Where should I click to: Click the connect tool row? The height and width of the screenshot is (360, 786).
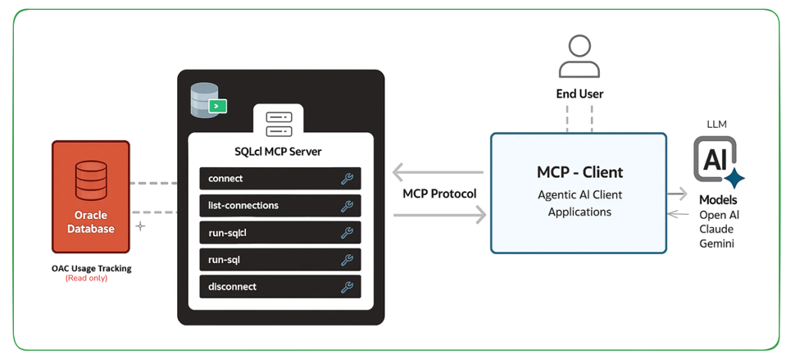[279, 179]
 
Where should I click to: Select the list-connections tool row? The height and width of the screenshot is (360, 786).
[279, 206]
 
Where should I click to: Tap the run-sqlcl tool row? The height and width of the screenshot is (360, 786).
[279, 233]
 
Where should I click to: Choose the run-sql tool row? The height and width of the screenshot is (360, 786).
[279, 260]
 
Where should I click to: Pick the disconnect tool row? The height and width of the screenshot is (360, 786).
[279, 287]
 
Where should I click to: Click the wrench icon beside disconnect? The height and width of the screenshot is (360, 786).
[347, 287]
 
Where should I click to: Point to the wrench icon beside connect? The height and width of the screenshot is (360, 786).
[347, 179]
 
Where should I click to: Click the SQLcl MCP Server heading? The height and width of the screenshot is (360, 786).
[279, 152]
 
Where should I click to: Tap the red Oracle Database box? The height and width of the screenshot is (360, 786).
[90, 197]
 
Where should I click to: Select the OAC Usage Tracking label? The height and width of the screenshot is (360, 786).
[91, 268]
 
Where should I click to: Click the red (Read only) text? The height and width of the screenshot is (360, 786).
[86, 278]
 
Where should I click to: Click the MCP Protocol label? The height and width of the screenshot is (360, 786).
[439, 194]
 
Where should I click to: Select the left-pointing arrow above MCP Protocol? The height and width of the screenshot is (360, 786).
[438, 172]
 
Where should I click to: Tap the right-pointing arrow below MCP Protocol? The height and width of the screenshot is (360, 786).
[439, 215]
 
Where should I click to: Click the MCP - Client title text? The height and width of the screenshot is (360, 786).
[579, 172]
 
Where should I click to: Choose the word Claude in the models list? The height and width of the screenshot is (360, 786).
[717, 229]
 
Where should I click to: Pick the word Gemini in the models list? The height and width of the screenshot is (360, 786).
[717, 244]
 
